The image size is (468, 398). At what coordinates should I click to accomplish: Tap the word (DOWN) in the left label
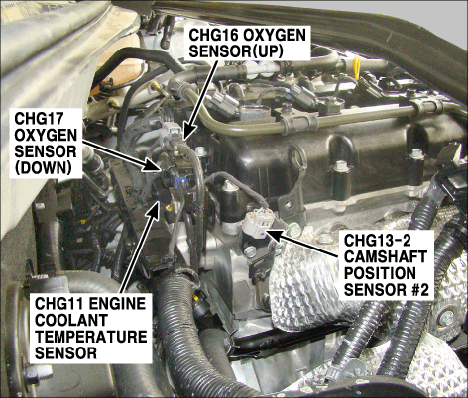tap(44, 168)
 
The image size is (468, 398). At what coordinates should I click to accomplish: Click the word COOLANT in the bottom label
tap(71, 320)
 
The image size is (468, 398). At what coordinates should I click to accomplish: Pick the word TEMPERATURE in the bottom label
tap(91, 337)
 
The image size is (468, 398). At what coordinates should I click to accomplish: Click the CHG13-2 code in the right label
tap(378, 241)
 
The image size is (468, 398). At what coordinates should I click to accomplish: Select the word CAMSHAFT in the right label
tap(386, 256)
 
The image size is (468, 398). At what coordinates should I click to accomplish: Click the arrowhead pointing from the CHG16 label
tap(188, 132)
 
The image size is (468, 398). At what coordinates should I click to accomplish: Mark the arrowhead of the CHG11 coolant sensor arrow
tap(154, 209)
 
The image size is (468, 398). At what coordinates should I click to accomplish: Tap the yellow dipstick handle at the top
tap(356, 68)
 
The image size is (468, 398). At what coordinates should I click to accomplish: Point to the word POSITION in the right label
tap(380, 273)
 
